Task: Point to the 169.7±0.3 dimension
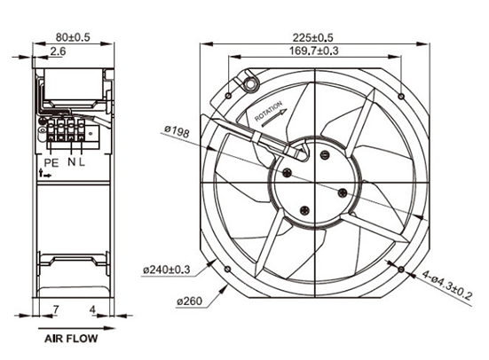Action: pos(314,51)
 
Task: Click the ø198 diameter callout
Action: pos(177,133)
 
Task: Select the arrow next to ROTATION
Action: pos(274,113)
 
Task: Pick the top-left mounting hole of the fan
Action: pos(228,93)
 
